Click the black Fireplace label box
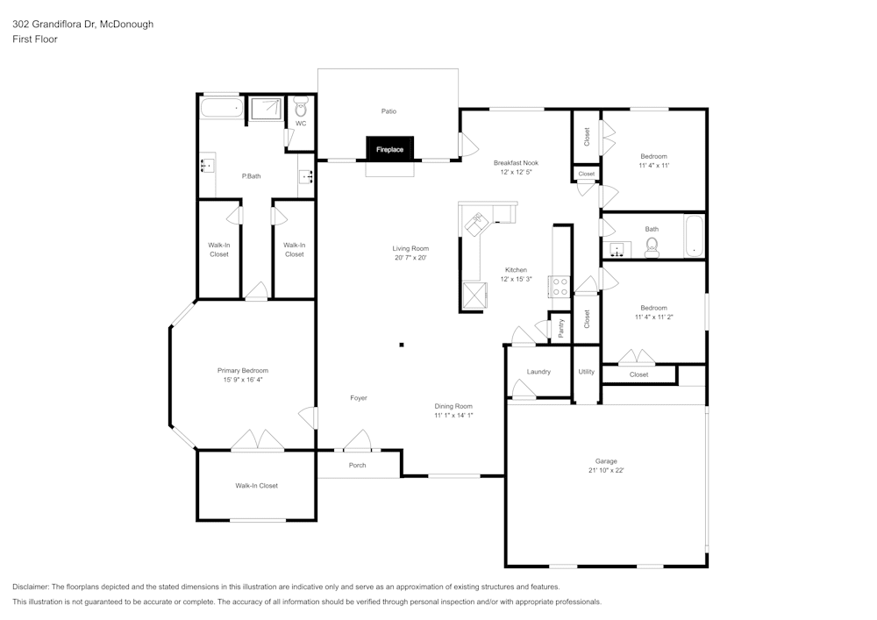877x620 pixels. pos(390,149)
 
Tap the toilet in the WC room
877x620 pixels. pos(301,109)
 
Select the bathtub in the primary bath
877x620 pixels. pos(220,110)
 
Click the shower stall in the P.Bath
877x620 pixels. pos(267,109)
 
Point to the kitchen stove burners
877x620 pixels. pos(559,285)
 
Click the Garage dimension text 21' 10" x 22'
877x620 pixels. pos(606,471)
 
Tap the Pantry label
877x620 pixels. pos(560,328)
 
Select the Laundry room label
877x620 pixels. pos(538,372)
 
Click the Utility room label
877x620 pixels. pos(586,372)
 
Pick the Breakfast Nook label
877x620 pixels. pos(516,162)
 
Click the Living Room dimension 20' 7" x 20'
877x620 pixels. pos(410,258)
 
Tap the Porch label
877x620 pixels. pos(357,465)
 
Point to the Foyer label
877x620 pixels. pos(358,398)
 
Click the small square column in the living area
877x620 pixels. pos(402,345)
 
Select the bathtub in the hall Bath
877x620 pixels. pos(694,236)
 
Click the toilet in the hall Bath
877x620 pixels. pos(652,250)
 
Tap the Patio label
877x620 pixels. pos(389,111)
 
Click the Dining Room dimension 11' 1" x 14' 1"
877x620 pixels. pos(453,416)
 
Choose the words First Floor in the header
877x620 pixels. pos(35,39)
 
